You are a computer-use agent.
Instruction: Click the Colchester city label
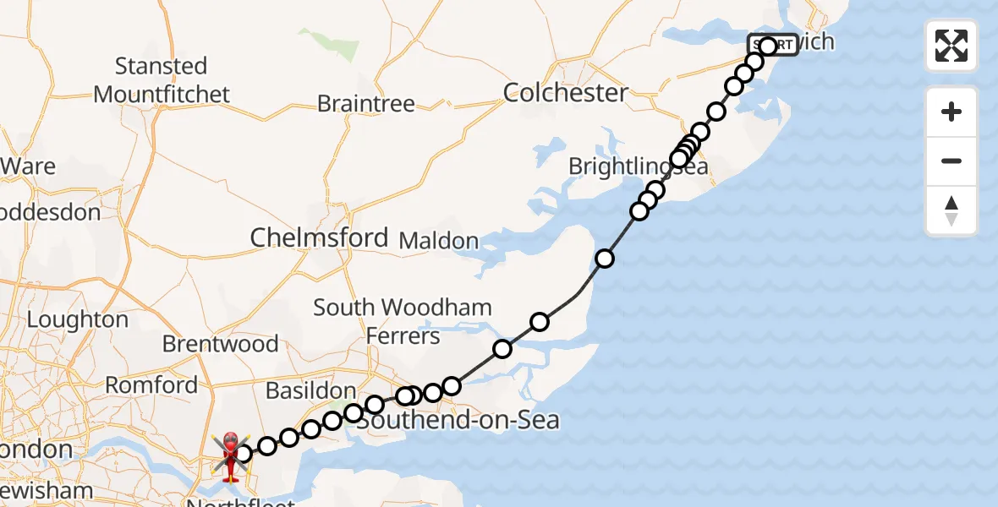pos(566,92)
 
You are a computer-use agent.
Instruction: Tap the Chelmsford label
pos(319,237)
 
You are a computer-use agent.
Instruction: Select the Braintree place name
pos(366,104)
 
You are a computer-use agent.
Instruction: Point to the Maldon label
pos(438,241)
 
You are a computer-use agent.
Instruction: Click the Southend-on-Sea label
pos(458,419)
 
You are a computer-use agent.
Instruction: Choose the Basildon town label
pos(310,391)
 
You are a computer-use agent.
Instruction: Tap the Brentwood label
pos(220,344)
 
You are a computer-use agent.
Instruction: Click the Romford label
pos(151,385)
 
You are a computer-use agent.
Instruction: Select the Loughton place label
pos(78,320)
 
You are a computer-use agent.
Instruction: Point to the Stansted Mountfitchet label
pos(161,79)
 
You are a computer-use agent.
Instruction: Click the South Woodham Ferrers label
pos(403,321)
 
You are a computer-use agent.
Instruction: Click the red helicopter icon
pos(230,456)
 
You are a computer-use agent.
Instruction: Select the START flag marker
pos(772,45)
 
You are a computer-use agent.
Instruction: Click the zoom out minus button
pos(951,161)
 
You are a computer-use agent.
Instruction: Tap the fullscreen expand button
pos(951,46)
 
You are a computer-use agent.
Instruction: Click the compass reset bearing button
pos(951,210)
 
